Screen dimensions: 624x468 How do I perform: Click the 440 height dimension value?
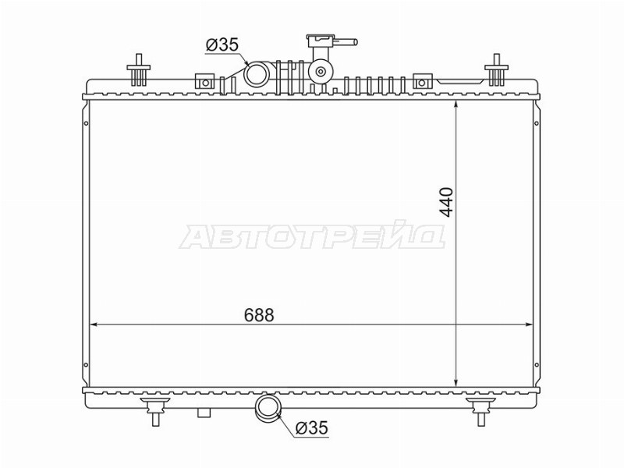click(446, 203)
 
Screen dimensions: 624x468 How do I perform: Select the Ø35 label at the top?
click(222, 44)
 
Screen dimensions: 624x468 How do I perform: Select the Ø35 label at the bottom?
click(312, 427)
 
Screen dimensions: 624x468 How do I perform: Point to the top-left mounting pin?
click(139, 70)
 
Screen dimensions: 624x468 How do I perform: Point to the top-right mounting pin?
click(497, 70)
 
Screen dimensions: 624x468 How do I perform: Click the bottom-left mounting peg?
click(155, 411)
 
